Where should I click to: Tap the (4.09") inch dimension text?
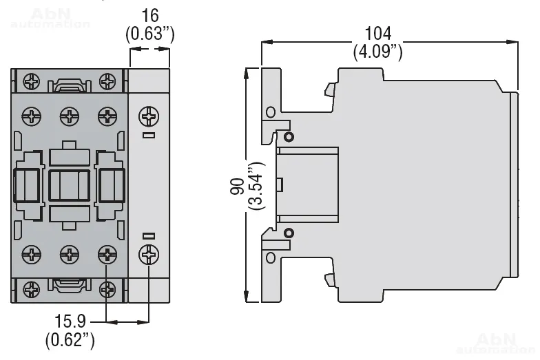point(378,52)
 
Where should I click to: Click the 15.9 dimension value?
point(70,320)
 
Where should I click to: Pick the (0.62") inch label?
point(70,339)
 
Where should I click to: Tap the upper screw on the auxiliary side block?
point(149,115)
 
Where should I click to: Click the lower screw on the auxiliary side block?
point(149,255)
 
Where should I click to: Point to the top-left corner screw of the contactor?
point(32,81)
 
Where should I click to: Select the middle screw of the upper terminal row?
point(69,116)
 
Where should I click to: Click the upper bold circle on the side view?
point(288,137)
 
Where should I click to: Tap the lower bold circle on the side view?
point(288,233)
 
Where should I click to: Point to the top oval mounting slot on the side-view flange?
point(270,112)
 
